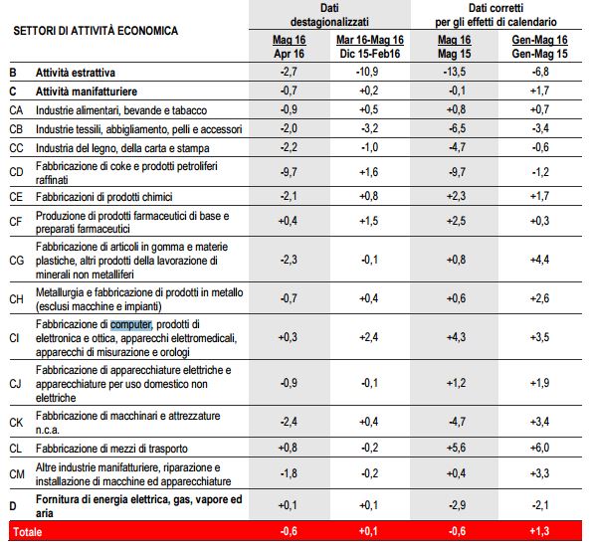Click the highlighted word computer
click(131, 324)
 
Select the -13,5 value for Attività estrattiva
click(454, 72)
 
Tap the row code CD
click(16, 172)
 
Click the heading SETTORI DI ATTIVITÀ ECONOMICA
click(96, 31)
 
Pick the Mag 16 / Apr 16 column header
click(289, 47)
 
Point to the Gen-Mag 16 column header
click(539, 47)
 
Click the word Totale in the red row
click(28, 532)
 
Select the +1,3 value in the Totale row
click(539, 531)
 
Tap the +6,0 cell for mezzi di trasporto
click(539, 448)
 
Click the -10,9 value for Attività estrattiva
click(367, 72)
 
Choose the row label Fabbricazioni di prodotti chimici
click(103, 197)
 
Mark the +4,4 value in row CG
click(539, 260)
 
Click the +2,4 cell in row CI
click(369, 337)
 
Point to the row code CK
click(16, 423)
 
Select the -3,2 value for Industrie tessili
click(369, 128)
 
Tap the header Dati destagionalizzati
click(329, 15)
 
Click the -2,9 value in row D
click(456, 505)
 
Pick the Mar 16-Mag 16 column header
click(370, 47)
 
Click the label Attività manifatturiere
click(87, 91)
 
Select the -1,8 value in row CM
click(289, 473)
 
